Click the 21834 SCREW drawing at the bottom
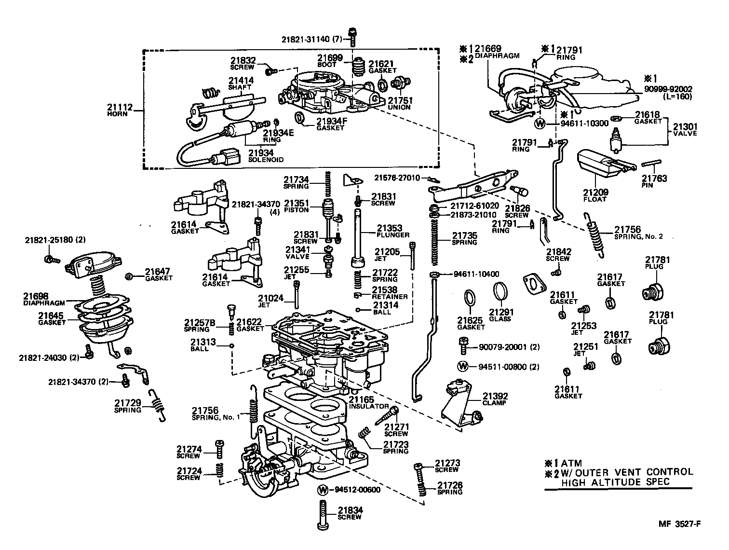[323, 515]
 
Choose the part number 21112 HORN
[118, 107]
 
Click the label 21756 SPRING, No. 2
[638, 233]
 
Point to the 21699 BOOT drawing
[357, 68]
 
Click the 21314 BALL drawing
[359, 310]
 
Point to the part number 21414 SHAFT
[240, 83]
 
